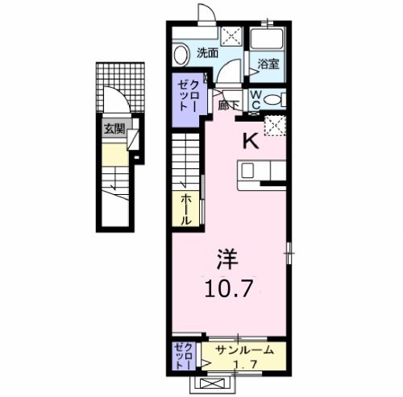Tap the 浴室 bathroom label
[x=268, y=64]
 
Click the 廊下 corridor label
[x=227, y=105]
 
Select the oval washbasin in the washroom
[x=182, y=54]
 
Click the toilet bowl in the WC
[x=274, y=101]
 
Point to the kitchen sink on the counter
[x=250, y=170]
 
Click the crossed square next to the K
[x=278, y=126]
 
